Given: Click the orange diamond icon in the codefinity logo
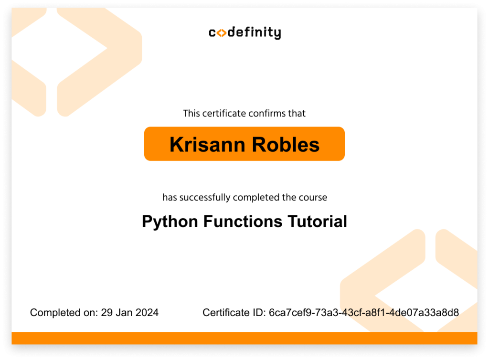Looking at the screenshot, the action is (x=221, y=33).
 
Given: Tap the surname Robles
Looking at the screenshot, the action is (x=286, y=145).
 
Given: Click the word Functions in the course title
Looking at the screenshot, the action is (x=243, y=221).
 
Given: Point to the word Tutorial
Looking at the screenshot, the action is (x=318, y=221).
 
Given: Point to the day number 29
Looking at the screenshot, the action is (x=106, y=313).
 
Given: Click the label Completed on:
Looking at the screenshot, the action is (x=64, y=313).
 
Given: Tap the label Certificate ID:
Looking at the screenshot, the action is (x=234, y=313).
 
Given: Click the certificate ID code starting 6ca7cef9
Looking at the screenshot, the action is (x=364, y=313).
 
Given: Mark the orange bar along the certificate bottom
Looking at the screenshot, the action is (x=244, y=338).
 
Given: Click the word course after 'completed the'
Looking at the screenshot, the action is (x=313, y=198).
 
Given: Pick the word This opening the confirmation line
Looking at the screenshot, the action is (x=191, y=113).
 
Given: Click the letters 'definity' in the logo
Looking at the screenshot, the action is (x=255, y=33).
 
